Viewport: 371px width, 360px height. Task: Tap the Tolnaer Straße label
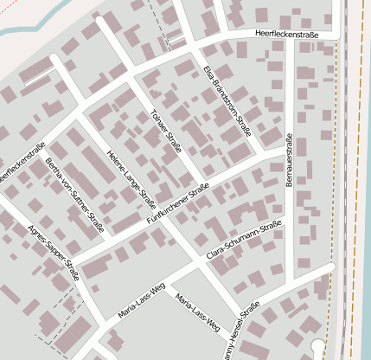tap(165, 130)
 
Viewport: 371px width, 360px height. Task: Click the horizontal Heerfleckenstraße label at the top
tap(288, 34)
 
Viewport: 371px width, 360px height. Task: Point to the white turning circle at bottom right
tap(318, 347)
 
